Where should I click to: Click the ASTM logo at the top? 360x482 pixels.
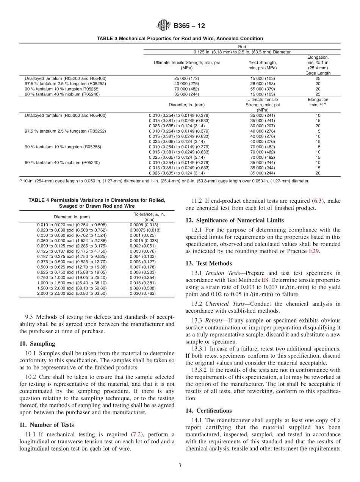(164, 26)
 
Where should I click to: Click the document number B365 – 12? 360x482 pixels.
(189, 26)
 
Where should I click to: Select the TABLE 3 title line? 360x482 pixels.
(180, 39)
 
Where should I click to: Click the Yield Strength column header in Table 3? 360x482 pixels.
(263, 65)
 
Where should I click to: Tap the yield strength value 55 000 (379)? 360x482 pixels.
(263, 89)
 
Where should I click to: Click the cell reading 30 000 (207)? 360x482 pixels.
(263, 126)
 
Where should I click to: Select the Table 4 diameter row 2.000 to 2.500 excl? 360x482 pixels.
(72, 293)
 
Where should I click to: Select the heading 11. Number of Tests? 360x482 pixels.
(46, 425)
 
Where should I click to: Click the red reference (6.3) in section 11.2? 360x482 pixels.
(318, 201)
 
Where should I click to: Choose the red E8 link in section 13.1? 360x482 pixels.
(265, 280)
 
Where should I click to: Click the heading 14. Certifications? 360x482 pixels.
(208, 411)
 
